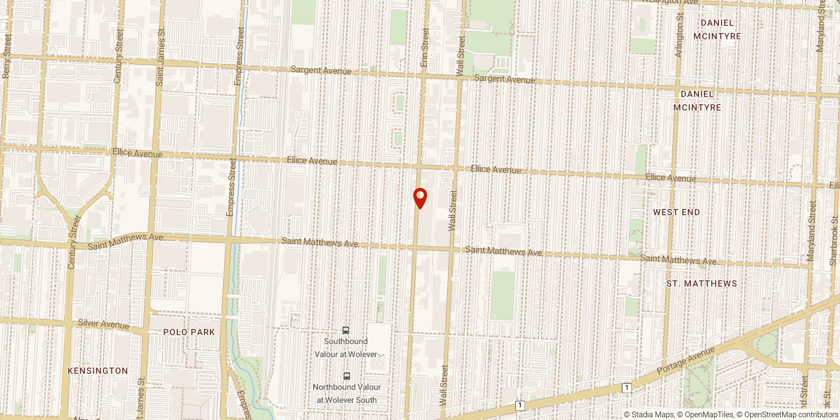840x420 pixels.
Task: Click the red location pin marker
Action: [x=420, y=197]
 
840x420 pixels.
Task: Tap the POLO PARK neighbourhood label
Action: [x=189, y=332]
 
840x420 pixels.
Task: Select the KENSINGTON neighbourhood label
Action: [x=98, y=371]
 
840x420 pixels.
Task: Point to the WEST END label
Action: [x=677, y=212]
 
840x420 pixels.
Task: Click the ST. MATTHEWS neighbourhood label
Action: [x=702, y=284]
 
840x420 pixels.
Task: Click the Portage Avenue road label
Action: [x=686, y=360]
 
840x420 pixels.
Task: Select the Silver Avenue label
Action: [x=104, y=324]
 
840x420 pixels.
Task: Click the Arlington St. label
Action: [x=679, y=35]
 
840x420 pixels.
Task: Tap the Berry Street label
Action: [x=7, y=56]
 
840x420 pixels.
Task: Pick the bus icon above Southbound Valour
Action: [x=346, y=330]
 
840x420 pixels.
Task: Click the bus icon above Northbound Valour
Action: [x=346, y=376]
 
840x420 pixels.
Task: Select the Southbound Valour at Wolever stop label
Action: [x=346, y=348]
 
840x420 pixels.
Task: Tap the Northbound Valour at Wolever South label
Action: [x=346, y=394]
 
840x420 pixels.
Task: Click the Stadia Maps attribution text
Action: [x=649, y=415]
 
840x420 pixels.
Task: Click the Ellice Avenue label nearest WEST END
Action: [x=671, y=178]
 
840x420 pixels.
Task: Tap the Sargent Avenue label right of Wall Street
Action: [x=504, y=79]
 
